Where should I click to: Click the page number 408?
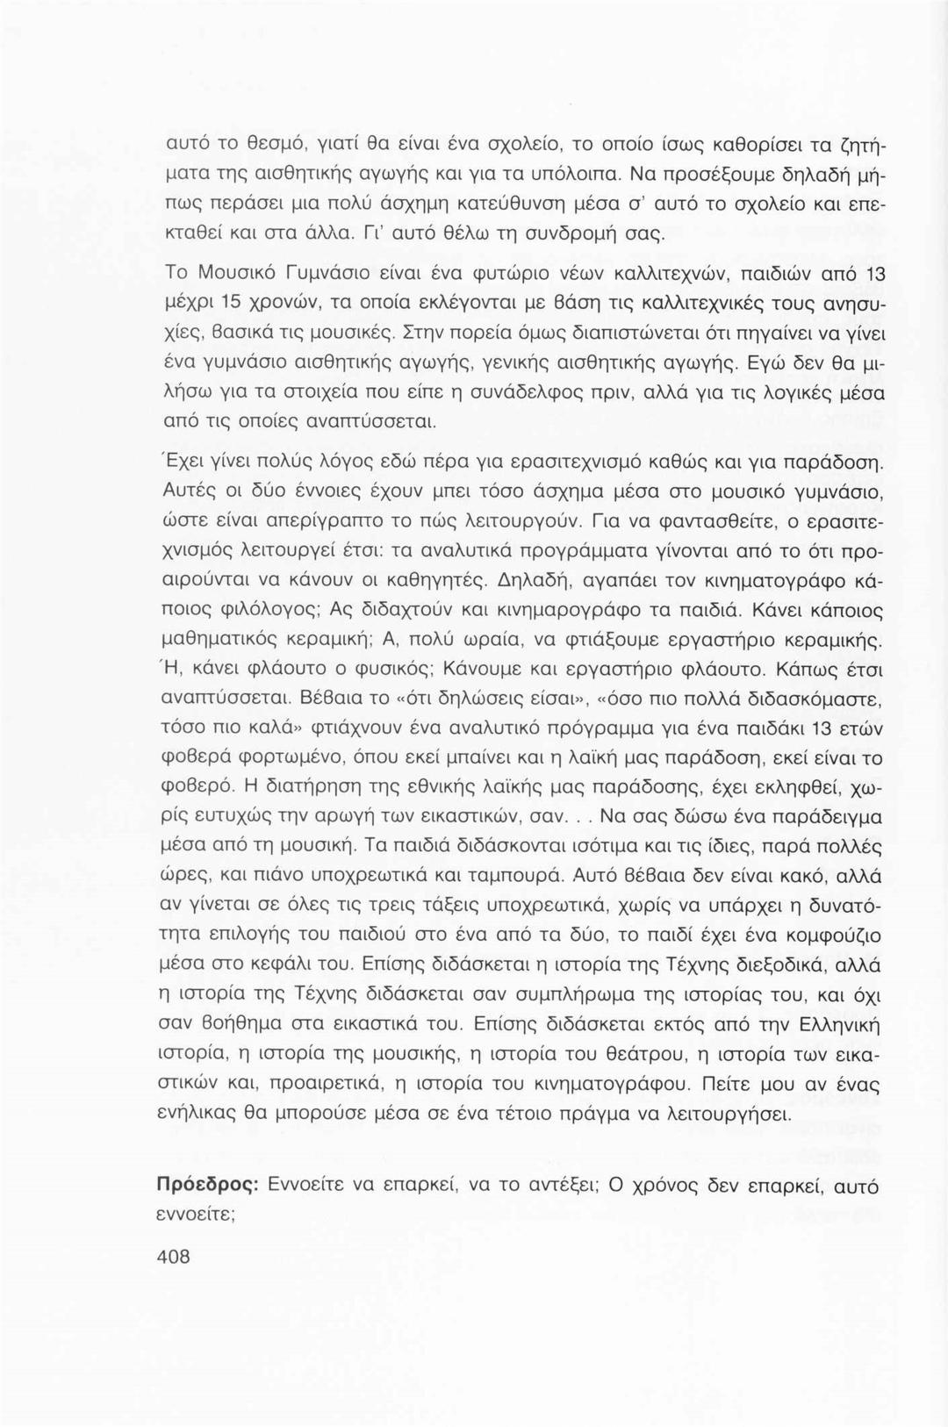[172, 1257]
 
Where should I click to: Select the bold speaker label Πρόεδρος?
[205, 1184]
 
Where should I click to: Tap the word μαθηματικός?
[215, 637]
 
